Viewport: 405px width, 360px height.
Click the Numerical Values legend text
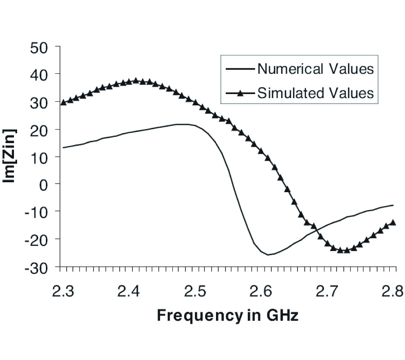click(x=315, y=69)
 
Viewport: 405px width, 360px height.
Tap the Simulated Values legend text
click(x=315, y=93)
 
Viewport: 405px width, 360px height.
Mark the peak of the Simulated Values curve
click(x=136, y=81)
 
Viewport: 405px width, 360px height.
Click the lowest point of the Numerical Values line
click(x=268, y=255)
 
